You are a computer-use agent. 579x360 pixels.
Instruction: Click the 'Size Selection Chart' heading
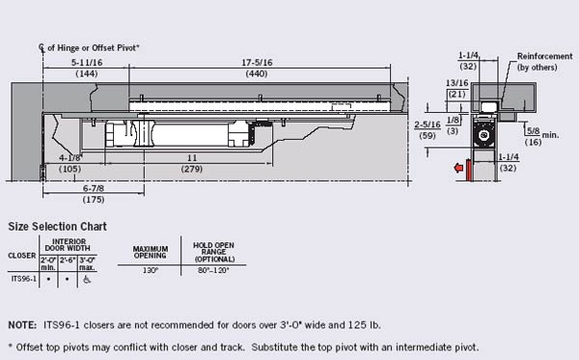tap(57, 226)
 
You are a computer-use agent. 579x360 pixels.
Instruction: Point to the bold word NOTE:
tap(21, 325)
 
